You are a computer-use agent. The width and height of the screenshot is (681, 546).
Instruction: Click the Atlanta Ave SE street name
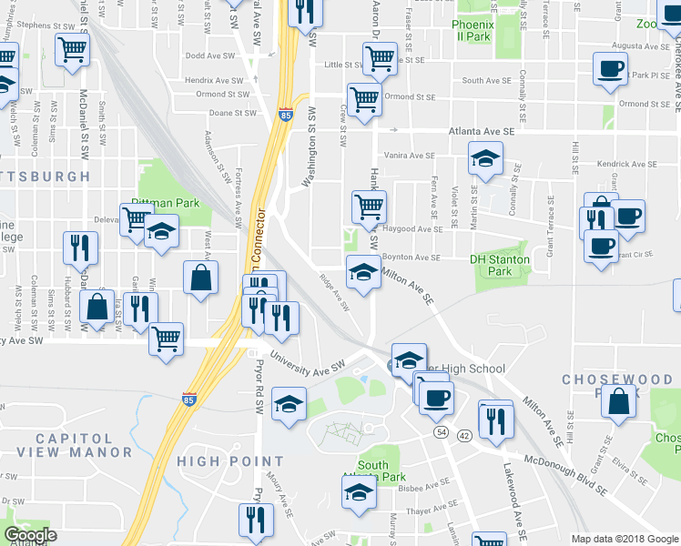coord(482,131)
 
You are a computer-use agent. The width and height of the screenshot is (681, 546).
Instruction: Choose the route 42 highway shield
coord(463,436)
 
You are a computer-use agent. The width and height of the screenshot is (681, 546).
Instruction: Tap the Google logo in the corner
coord(29,535)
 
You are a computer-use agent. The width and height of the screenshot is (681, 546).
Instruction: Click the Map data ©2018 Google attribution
coord(625,539)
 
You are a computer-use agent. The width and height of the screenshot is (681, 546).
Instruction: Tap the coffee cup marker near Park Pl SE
coord(610,68)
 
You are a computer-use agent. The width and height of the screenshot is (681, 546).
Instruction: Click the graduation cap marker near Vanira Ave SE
coord(486,158)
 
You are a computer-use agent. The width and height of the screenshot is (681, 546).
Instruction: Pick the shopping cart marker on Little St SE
coord(380,59)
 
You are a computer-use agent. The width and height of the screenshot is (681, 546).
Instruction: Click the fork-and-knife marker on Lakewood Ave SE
coord(495,420)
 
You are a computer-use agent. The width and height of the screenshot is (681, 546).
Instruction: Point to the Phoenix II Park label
coord(473,30)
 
